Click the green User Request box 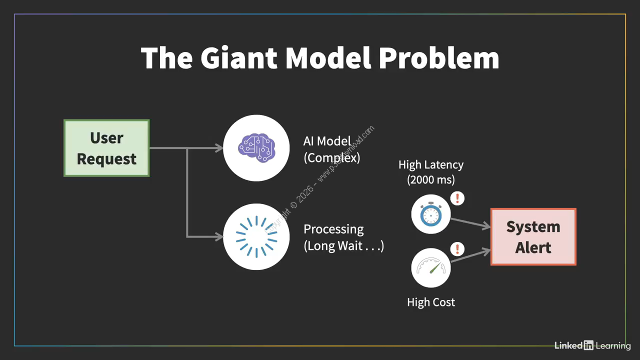pyautogui.click(x=106, y=148)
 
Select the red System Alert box pyautogui.click(x=533, y=236)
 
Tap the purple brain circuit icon pyautogui.click(x=256, y=148)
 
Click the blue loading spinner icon pyautogui.click(x=256, y=237)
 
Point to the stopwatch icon pyautogui.click(x=430, y=214)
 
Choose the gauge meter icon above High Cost pyautogui.click(x=430, y=267)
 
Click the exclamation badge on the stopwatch pyautogui.click(x=457, y=198)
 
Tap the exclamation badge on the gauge pyautogui.click(x=457, y=248)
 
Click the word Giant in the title pyautogui.click(x=238, y=58)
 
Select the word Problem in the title pyautogui.click(x=438, y=58)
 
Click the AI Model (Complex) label pyautogui.click(x=331, y=149)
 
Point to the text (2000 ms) pyautogui.click(x=431, y=179)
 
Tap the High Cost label pyautogui.click(x=431, y=302)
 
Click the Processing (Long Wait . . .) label pyautogui.click(x=343, y=237)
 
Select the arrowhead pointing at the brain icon pyautogui.click(x=218, y=148)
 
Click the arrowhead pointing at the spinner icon pyautogui.click(x=218, y=236)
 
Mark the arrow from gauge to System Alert pyautogui.click(x=470, y=255)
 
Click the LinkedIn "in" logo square pyautogui.click(x=588, y=345)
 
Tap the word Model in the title pyautogui.click(x=327, y=58)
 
